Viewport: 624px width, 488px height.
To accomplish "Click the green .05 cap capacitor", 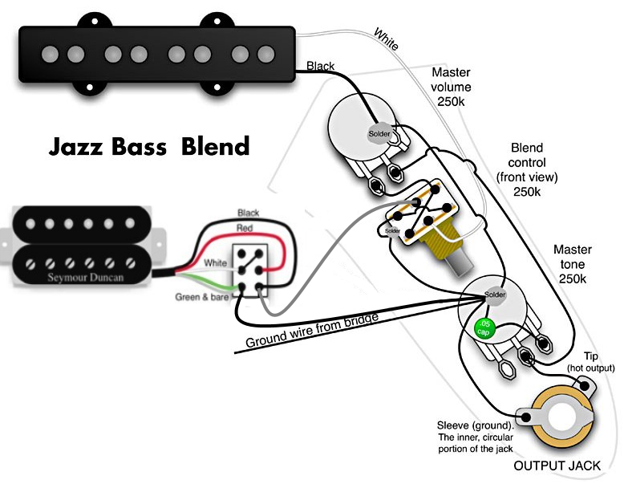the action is point(484,328).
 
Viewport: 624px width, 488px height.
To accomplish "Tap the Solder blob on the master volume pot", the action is point(379,134).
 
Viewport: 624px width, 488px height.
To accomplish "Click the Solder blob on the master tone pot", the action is point(495,295).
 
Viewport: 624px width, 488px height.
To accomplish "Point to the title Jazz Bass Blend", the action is point(149,146).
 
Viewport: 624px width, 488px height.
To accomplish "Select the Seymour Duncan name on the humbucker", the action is point(86,277).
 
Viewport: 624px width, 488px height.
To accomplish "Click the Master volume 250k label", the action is point(451,87).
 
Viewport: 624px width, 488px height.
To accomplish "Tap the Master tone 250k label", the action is point(572,264).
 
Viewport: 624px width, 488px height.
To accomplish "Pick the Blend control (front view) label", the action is point(527,169).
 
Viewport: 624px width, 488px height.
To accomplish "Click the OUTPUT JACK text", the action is point(557,466).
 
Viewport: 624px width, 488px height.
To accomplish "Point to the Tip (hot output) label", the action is point(590,362).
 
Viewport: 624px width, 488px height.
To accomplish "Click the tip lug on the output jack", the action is point(585,385).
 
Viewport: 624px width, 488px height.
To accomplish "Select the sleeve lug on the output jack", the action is point(526,417).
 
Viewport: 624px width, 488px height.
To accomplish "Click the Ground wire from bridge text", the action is point(312,330).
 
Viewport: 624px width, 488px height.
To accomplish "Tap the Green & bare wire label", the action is point(202,297).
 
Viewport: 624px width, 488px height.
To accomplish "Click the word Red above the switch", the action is point(245,228).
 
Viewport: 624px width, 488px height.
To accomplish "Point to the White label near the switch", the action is point(215,263).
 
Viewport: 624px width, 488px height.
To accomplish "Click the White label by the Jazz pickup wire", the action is point(386,39).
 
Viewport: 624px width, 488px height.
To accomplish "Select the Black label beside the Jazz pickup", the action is point(320,66).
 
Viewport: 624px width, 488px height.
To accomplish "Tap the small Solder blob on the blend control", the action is point(392,231).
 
